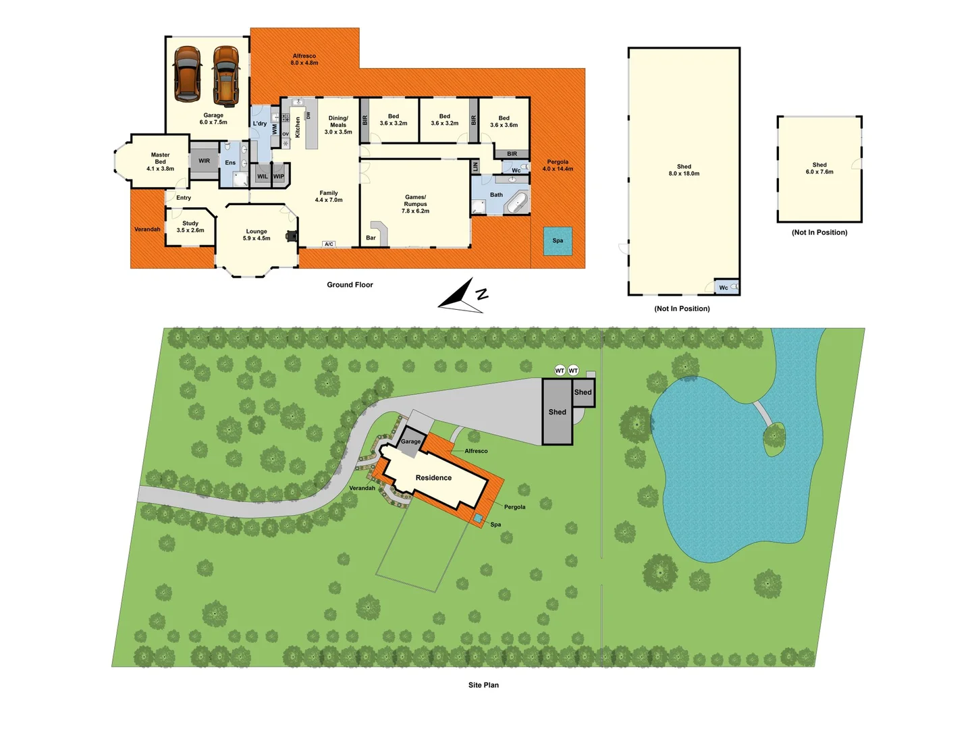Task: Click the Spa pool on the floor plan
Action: click(558, 241)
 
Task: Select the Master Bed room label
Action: click(161, 162)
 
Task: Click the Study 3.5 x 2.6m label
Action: click(190, 227)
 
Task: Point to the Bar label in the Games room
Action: click(371, 238)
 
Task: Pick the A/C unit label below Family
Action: click(329, 244)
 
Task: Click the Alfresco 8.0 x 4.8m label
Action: click(304, 59)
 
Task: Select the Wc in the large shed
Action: click(724, 288)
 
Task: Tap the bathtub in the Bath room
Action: click(518, 203)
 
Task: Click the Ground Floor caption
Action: click(350, 285)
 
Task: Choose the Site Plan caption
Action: click(483, 685)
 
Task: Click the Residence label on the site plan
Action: click(433, 478)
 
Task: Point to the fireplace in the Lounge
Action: click(292, 236)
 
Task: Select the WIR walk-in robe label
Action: click(205, 161)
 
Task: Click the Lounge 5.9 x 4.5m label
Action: click(256, 235)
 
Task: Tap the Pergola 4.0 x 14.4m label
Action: click(558, 165)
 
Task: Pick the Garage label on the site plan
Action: click(410, 441)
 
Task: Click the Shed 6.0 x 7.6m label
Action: click(819, 168)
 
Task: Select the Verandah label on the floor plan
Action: click(147, 230)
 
